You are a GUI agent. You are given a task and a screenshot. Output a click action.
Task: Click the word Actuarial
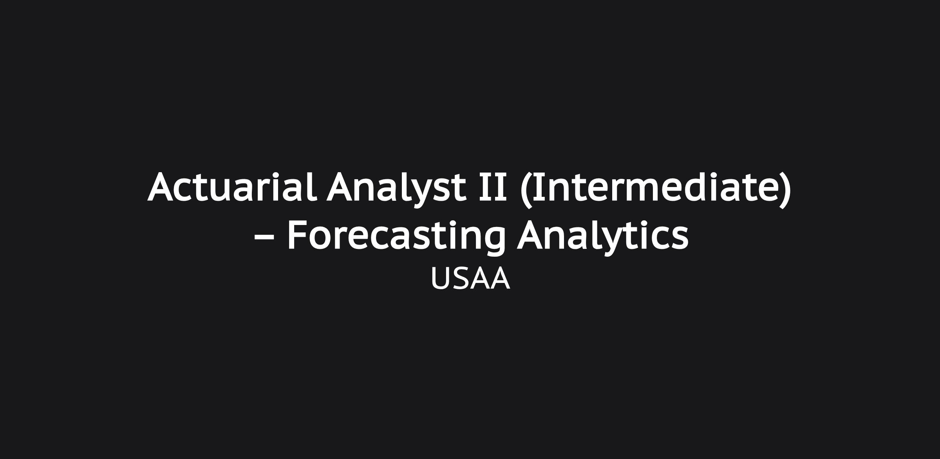coord(232,187)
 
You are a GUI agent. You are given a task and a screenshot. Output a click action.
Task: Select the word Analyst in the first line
coord(396,190)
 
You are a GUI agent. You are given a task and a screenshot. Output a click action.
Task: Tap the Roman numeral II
coord(493,187)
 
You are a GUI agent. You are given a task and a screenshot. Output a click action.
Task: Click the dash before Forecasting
coord(264,236)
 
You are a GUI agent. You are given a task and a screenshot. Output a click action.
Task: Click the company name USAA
coord(470,279)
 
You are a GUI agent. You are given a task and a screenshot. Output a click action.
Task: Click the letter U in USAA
coord(441,279)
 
